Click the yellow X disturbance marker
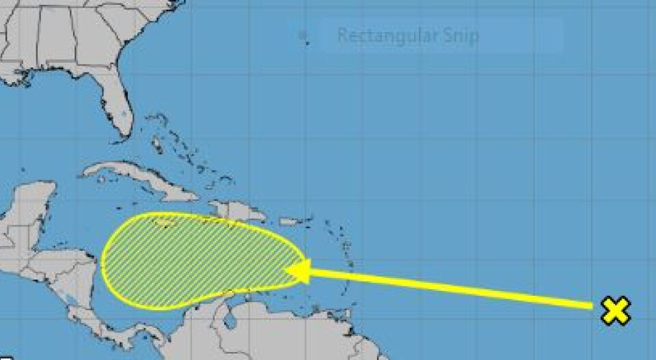615,311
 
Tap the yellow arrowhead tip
287,271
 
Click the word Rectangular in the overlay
372,36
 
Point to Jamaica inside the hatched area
165,220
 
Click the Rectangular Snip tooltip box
430,36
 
